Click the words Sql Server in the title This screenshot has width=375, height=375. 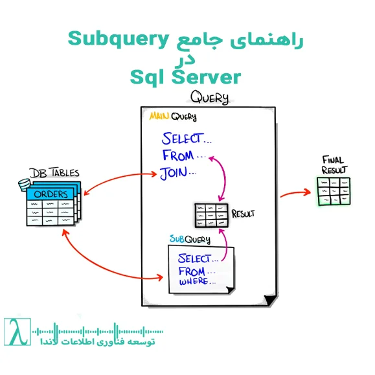185,77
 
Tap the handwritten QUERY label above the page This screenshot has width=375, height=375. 209,98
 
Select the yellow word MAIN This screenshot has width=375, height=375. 159,117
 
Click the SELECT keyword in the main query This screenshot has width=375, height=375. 182,139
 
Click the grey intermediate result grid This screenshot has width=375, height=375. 212,214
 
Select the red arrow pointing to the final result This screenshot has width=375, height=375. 297,192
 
